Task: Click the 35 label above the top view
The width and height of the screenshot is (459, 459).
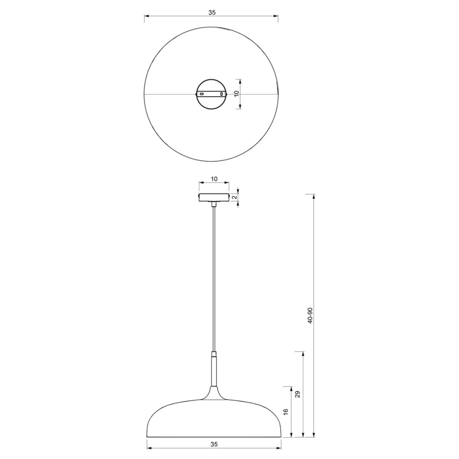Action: [x=212, y=12]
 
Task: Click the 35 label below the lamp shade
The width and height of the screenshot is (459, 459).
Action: [x=214, y=444]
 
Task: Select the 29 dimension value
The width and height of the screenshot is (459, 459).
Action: [x=298, y=394]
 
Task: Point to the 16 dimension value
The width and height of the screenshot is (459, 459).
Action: [x=286, y=411]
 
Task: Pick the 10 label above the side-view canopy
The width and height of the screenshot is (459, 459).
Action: [x=214, y=179]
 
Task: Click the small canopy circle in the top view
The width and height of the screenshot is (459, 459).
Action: [x=212, y=86]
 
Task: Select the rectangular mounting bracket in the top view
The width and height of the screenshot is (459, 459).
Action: [x=212, y=94]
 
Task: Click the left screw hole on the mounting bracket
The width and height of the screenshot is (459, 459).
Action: [x=201, y=94]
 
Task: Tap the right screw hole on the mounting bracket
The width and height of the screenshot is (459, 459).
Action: [x=222, y=94]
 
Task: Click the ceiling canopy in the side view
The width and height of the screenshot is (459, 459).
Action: [x=214, y=197]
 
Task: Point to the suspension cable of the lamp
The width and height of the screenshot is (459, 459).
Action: [x=214, y=275]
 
